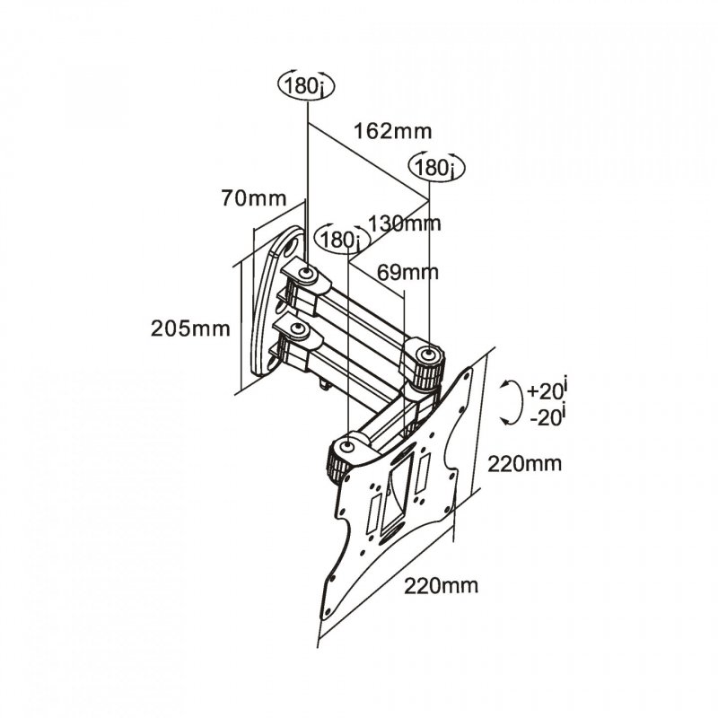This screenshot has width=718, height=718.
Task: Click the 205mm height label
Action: [x=191, y=328]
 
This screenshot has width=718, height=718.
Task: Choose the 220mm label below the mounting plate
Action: [x=440, y=587]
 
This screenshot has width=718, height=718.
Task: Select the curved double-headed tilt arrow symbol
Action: [x=510, y=401]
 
